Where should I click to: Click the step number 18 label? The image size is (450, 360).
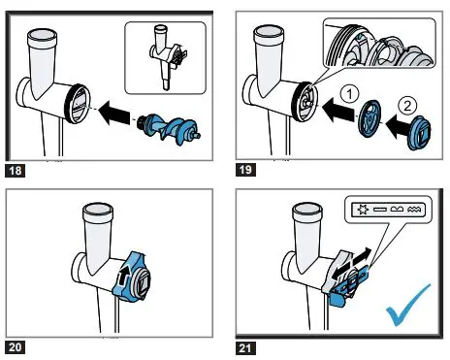[16, 170]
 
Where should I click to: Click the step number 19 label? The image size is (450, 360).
[245, 170]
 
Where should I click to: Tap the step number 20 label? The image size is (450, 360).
[16, 347]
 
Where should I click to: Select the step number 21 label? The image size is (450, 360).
[245, 348]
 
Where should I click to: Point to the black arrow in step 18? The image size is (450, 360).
[114, 113]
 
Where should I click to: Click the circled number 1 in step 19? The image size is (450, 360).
[349, 94]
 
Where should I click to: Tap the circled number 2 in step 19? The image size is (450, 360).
[407, 106]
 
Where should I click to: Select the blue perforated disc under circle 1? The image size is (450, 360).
[370, 118]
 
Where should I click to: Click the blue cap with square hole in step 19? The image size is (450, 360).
[419, 133]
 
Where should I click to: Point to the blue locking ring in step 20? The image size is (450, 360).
[131, 278]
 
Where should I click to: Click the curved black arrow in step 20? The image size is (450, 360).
[124, 276]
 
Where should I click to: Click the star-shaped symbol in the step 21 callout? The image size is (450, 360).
[363, 210]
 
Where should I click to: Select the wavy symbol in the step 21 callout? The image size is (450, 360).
[415, 210]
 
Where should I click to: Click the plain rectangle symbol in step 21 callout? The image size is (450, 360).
[380, 210]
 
